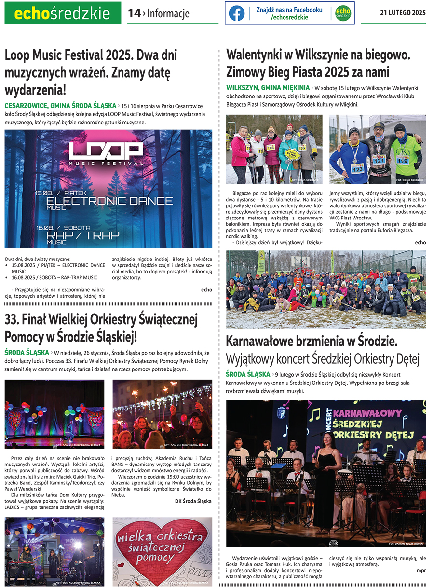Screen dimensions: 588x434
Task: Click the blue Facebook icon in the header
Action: click(236, 14)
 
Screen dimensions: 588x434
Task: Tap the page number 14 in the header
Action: click(134, 14)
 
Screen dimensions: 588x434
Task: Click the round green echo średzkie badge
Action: click(343, 14)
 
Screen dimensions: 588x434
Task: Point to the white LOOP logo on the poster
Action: click(106, 150)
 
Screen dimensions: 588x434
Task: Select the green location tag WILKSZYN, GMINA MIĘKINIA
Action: click(268, 88)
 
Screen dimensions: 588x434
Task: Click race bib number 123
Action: click(357, 169)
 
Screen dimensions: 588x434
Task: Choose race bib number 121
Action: click(379, 160)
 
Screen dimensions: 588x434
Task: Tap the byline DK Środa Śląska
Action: click(193, 501)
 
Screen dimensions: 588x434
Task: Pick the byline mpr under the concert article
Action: click(421, 571)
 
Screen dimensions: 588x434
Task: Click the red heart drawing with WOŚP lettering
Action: click(162, 550)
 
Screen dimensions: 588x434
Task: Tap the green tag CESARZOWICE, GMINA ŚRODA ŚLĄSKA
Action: click(60, 105)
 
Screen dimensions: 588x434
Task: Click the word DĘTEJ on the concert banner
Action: click(397, 436)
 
